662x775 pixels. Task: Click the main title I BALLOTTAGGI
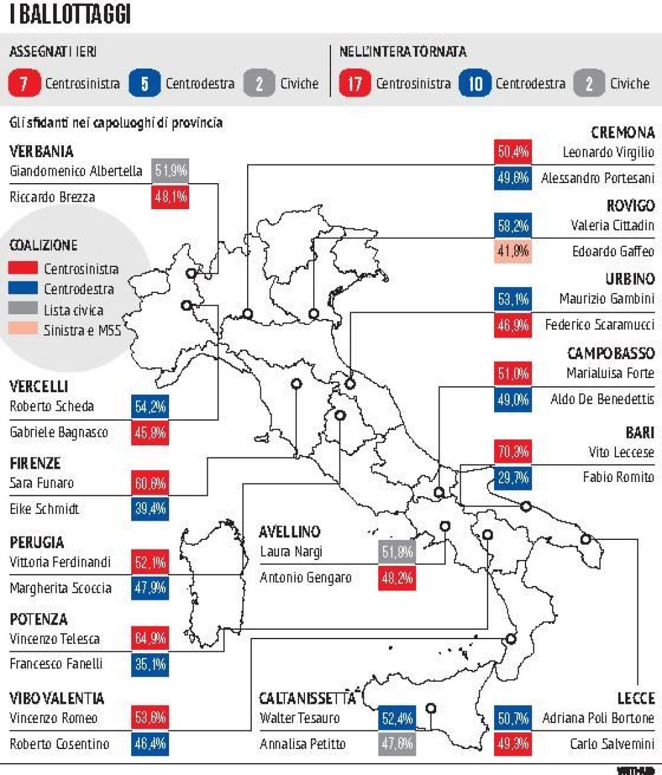[x=69, y=15]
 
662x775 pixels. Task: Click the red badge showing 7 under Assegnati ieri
[x=23, y=83]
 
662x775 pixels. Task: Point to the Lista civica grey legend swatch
[x=24, y=310]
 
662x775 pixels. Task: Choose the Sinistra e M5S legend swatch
[x=24, y=330]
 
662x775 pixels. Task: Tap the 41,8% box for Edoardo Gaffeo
[x=512, y=252]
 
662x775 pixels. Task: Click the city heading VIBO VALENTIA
[x=57, y=698]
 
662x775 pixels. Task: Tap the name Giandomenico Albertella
[x=76, y=171]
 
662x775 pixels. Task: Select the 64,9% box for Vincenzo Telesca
[x=150, y=639]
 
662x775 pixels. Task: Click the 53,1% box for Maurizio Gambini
[x=512, y=300]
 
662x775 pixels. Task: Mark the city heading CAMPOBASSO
[x=611, y=353]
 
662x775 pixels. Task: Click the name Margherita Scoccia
[x=61, y=589]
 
